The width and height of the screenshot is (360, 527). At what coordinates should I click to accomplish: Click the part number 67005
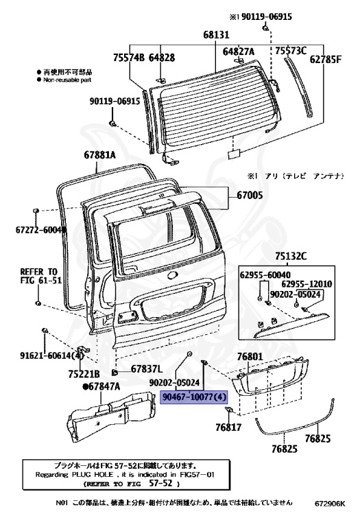click(250, 196)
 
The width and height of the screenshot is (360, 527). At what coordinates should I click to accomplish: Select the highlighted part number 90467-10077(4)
click(193, 397)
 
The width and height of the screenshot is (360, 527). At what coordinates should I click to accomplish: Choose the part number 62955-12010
click(307, 284)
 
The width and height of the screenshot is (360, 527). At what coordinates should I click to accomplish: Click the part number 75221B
click(84, 373)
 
